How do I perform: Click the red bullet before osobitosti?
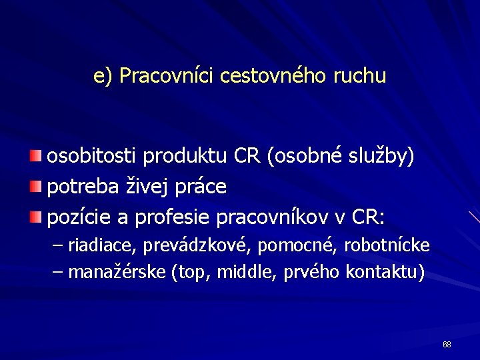click(35, 157)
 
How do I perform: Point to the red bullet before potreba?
click(35, 187)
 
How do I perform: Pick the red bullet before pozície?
click(35, 217)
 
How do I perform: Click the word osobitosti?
click(91, 157)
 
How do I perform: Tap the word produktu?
click(185, 157)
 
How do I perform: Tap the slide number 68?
click(447, 345)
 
